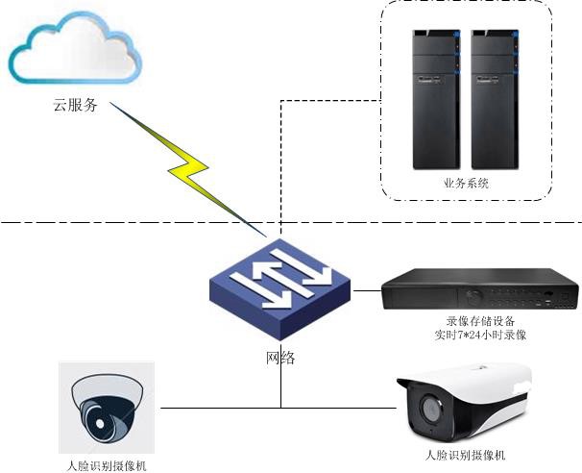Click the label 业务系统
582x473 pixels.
[466, 182]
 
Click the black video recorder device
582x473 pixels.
[480, 289]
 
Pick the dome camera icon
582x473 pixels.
[107, 408]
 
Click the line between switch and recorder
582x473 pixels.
[367, 288]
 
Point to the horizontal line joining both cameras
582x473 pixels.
[221, 408]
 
